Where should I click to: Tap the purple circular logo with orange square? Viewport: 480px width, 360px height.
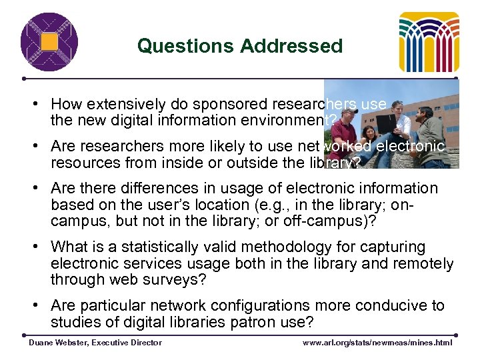[49, 41]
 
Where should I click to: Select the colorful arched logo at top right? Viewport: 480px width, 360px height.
[429, 41]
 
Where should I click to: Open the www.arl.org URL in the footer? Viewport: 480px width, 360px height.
[377, 343]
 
